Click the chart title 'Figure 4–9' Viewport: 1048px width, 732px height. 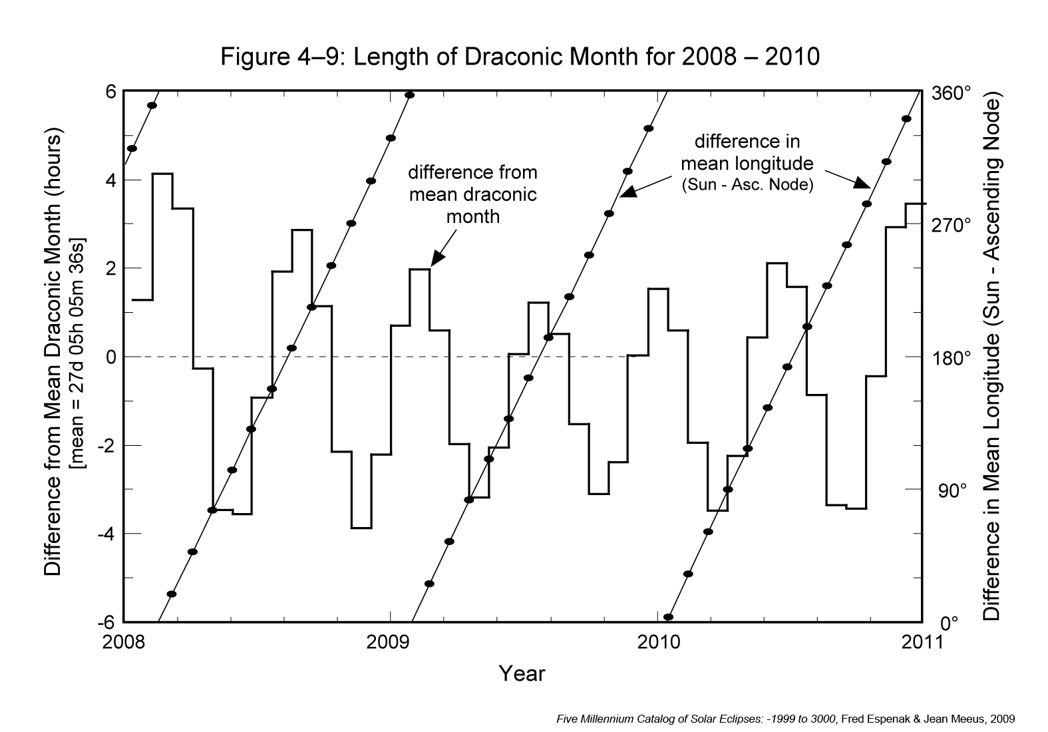point(520,57)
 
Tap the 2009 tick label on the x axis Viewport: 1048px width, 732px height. point(390,642)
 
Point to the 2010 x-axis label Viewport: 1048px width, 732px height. point(657,642)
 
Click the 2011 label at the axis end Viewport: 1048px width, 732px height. point(922,642)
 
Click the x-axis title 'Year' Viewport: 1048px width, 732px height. point(522,673)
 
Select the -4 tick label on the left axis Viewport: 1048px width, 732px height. point(106,534)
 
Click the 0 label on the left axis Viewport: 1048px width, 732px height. point(111,357)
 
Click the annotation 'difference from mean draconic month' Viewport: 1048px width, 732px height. point(472,194)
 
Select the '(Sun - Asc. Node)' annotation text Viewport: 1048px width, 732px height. point(747,184)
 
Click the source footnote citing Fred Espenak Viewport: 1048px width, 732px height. point(785,719)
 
